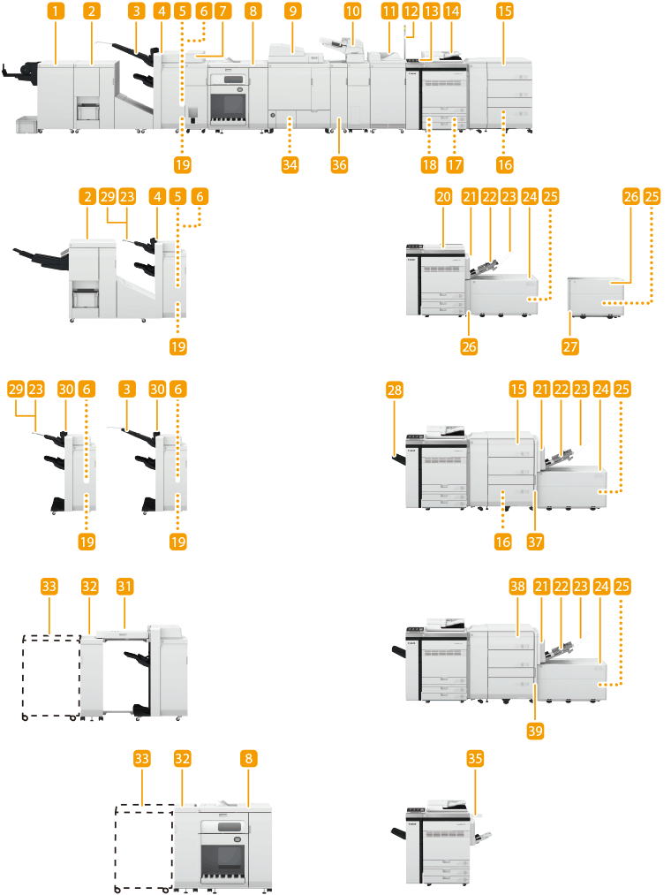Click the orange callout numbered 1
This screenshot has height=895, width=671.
tap(57, 11)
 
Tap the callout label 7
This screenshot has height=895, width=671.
tap(222, 11)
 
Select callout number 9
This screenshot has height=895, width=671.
tap(292, 11)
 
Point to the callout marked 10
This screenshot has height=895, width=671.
tap(352, 11)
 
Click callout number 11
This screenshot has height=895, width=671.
tap(389, 11)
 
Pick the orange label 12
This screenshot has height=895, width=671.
tap(410, 11)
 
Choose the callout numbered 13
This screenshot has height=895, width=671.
tap(431, 11)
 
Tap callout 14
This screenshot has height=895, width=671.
tap(452, 11)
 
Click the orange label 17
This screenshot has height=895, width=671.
tap(456, 164)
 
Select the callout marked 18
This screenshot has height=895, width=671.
tap(430, 164)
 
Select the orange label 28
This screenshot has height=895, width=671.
tap(394, 389)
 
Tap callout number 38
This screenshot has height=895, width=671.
tap(517, 586)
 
